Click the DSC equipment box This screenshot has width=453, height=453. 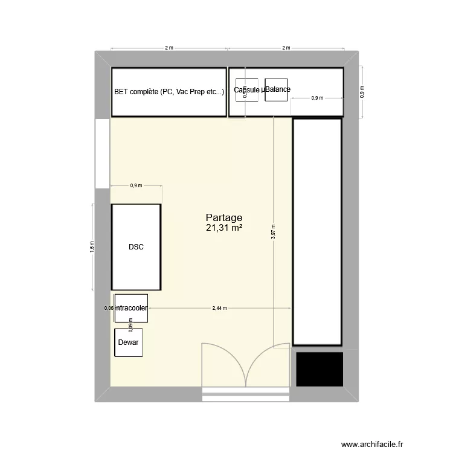pos(136,246)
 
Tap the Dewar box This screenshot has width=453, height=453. pos(128,342)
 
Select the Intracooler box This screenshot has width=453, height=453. pos(131,308)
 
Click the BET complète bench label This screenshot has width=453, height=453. pos(169,92)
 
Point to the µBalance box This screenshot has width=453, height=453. pos(276,89)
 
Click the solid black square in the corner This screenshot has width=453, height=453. pos(318,368)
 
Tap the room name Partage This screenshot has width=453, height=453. pos(224,217)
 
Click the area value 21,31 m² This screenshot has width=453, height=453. pos(224,228)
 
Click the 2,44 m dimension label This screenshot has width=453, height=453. pos(220,308)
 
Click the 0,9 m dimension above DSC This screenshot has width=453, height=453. pos(136,185)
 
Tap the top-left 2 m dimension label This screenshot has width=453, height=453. pos(169,48)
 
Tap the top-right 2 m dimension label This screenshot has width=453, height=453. pos(286,48)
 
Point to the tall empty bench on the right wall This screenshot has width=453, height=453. pos(317,232)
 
